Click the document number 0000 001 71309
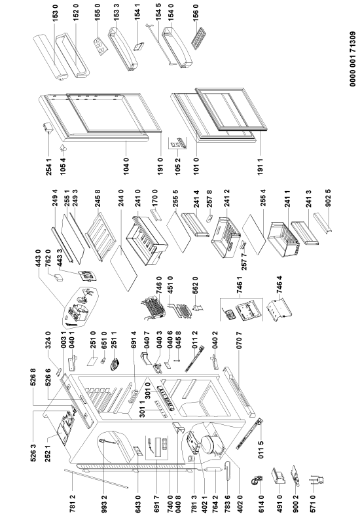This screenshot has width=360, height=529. [x=353, y=59]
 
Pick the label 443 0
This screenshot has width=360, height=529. [x=38, y=258]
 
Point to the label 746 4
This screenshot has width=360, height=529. [x=279, y=285]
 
